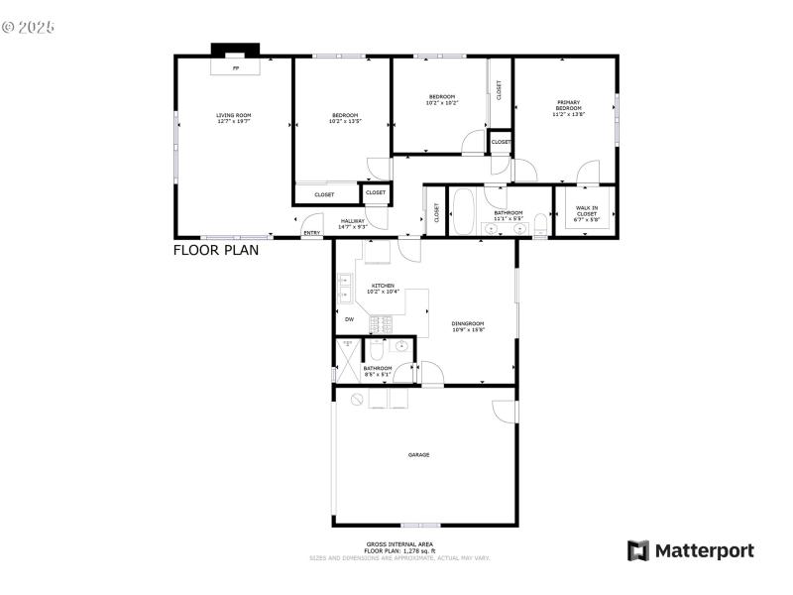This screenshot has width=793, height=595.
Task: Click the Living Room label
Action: tap(234, 118)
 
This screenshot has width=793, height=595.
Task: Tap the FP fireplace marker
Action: tap(235, 69)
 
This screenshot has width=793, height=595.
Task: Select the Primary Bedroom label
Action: tap(568, 108)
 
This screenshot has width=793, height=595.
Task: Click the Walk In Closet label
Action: tap(587, 211)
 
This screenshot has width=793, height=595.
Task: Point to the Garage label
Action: tap(418, 454)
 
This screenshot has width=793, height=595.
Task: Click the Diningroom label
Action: tap(467, 326)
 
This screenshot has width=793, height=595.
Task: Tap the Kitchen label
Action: tap(383, 289)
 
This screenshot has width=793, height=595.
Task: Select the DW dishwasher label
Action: tap(349, 319)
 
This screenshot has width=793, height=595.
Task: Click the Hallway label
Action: tap(353, 224)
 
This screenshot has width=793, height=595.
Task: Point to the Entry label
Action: tap(311, 233)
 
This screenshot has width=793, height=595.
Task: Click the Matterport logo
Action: tap(690, 550)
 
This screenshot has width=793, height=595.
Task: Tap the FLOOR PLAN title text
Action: tap(216, 250)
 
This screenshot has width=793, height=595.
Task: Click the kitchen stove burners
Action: tap(382, 323)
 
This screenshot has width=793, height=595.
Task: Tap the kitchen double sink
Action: tap(344, 289)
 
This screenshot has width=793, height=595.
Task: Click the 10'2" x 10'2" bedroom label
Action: tap(442, 99)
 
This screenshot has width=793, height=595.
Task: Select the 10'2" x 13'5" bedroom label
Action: tap(345, 118)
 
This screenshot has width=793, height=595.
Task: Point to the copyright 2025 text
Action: tap(28, 27)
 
